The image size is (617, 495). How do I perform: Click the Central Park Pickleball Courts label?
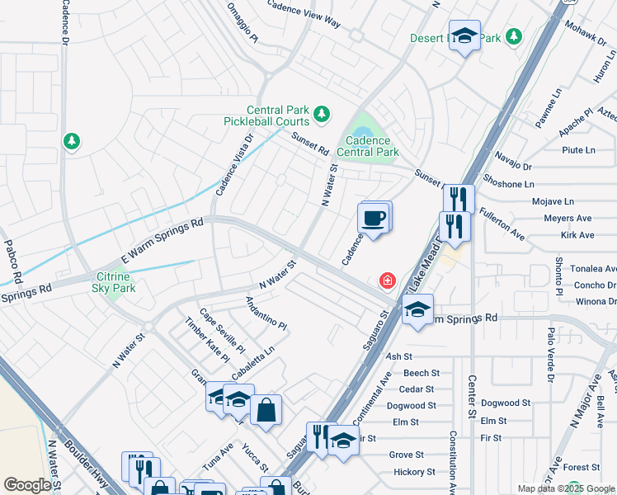281,115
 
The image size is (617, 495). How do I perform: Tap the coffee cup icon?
373,219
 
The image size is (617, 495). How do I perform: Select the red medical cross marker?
386,281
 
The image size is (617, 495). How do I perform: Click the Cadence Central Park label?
368,147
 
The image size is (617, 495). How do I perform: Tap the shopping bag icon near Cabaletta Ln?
266,410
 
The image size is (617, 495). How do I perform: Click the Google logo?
27,485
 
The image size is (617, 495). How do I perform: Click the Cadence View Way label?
304,13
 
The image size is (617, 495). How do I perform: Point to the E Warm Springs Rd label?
162,238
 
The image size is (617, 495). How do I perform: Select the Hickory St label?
412,472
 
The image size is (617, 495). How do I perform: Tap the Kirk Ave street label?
577,235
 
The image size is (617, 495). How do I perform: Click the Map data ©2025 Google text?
565,488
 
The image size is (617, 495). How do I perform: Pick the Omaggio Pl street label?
243,26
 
